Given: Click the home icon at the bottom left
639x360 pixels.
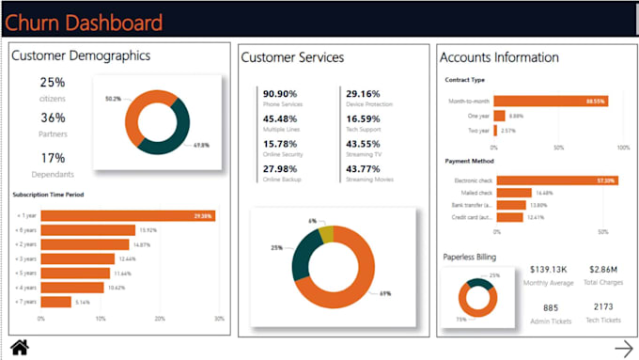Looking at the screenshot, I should (19, 348).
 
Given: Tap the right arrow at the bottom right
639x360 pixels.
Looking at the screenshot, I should (621, 347).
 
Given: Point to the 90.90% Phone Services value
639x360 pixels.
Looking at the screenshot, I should (280, 94).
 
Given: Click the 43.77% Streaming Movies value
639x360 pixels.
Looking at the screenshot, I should (363, 168).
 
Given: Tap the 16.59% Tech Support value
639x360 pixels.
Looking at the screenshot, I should (363, 118).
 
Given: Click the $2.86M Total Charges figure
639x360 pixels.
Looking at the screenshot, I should (600, 269).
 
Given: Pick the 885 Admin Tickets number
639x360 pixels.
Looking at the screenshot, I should (550, 307).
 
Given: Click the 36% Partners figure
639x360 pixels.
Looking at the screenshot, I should (53, 117).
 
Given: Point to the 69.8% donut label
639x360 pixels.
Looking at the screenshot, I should (201, 145).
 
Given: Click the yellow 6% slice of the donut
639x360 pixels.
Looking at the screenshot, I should (324, 234).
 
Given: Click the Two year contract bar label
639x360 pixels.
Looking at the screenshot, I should (478, 130).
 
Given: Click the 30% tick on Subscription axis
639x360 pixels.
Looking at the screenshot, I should (219, 320).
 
